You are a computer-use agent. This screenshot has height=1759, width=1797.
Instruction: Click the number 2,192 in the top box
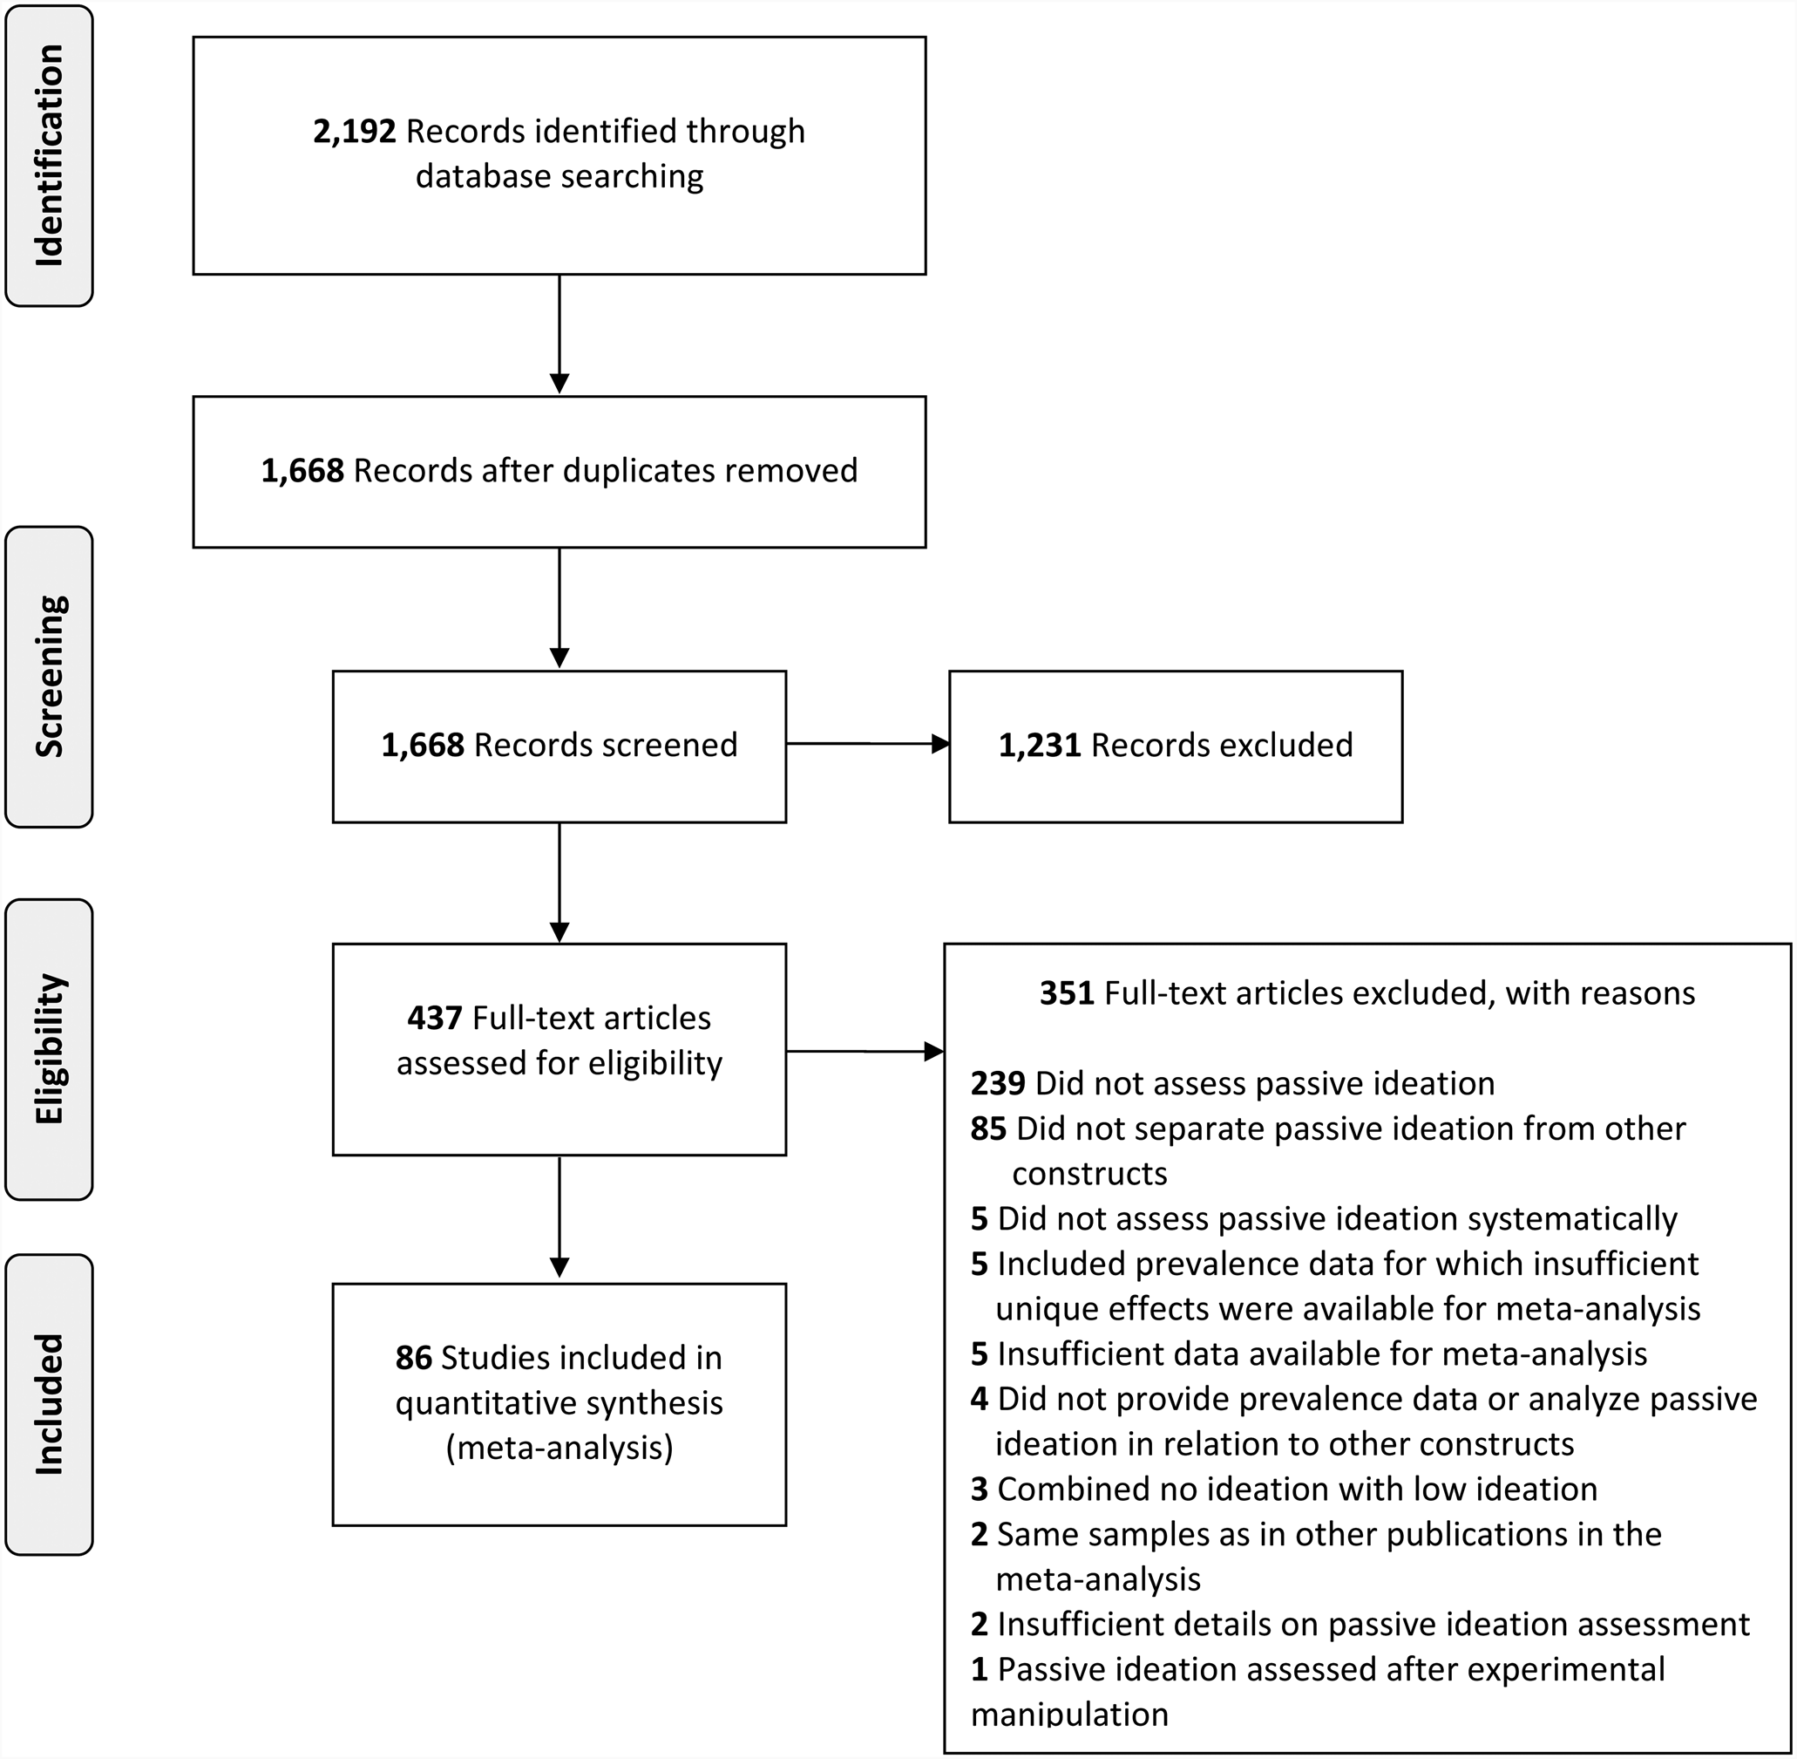(355, 131)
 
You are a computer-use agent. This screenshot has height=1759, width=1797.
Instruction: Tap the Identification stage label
(49, 155)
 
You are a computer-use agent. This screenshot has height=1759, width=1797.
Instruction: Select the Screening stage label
(49, 676)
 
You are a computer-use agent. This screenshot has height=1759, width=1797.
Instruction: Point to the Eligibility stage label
(49, 1048)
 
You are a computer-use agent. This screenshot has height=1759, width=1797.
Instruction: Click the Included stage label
(49, 1404)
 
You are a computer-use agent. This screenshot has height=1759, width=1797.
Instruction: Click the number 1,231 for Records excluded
(1039, 745)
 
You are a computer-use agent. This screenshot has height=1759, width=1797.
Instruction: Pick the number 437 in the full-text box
(434, 1018)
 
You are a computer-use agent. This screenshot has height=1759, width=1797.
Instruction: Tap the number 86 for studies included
(413, 1357)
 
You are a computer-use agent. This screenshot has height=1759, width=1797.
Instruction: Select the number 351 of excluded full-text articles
(1067, 993)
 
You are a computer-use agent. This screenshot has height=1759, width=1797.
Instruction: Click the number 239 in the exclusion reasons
(997, 1083)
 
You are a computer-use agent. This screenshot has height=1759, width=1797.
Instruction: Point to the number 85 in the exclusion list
(988, 1128)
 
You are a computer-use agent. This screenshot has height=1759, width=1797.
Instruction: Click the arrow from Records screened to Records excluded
(868, 744)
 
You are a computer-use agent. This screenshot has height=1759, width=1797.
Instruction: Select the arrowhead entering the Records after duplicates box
(559, 384)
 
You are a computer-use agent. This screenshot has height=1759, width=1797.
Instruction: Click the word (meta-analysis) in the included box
(559, 1448)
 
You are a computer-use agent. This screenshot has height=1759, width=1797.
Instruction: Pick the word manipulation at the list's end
(1069, 1714)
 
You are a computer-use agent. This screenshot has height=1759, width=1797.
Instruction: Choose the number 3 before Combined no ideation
(979, 1489)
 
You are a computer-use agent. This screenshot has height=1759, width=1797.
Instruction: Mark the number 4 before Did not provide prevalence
(980, 1399)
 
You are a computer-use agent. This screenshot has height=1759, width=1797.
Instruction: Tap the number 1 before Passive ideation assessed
(980, 1668)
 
